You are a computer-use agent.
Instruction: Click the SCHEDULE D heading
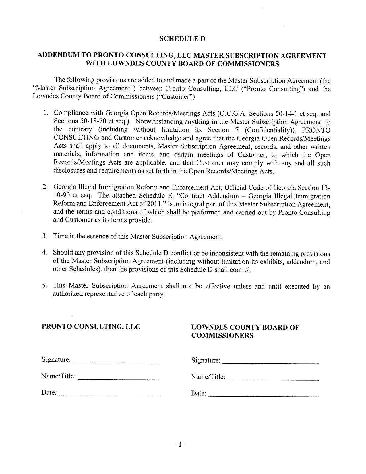182,39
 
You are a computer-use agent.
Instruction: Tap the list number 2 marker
45,187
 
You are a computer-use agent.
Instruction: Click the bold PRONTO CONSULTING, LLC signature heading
91,327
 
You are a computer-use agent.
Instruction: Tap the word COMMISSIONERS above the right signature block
222,335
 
